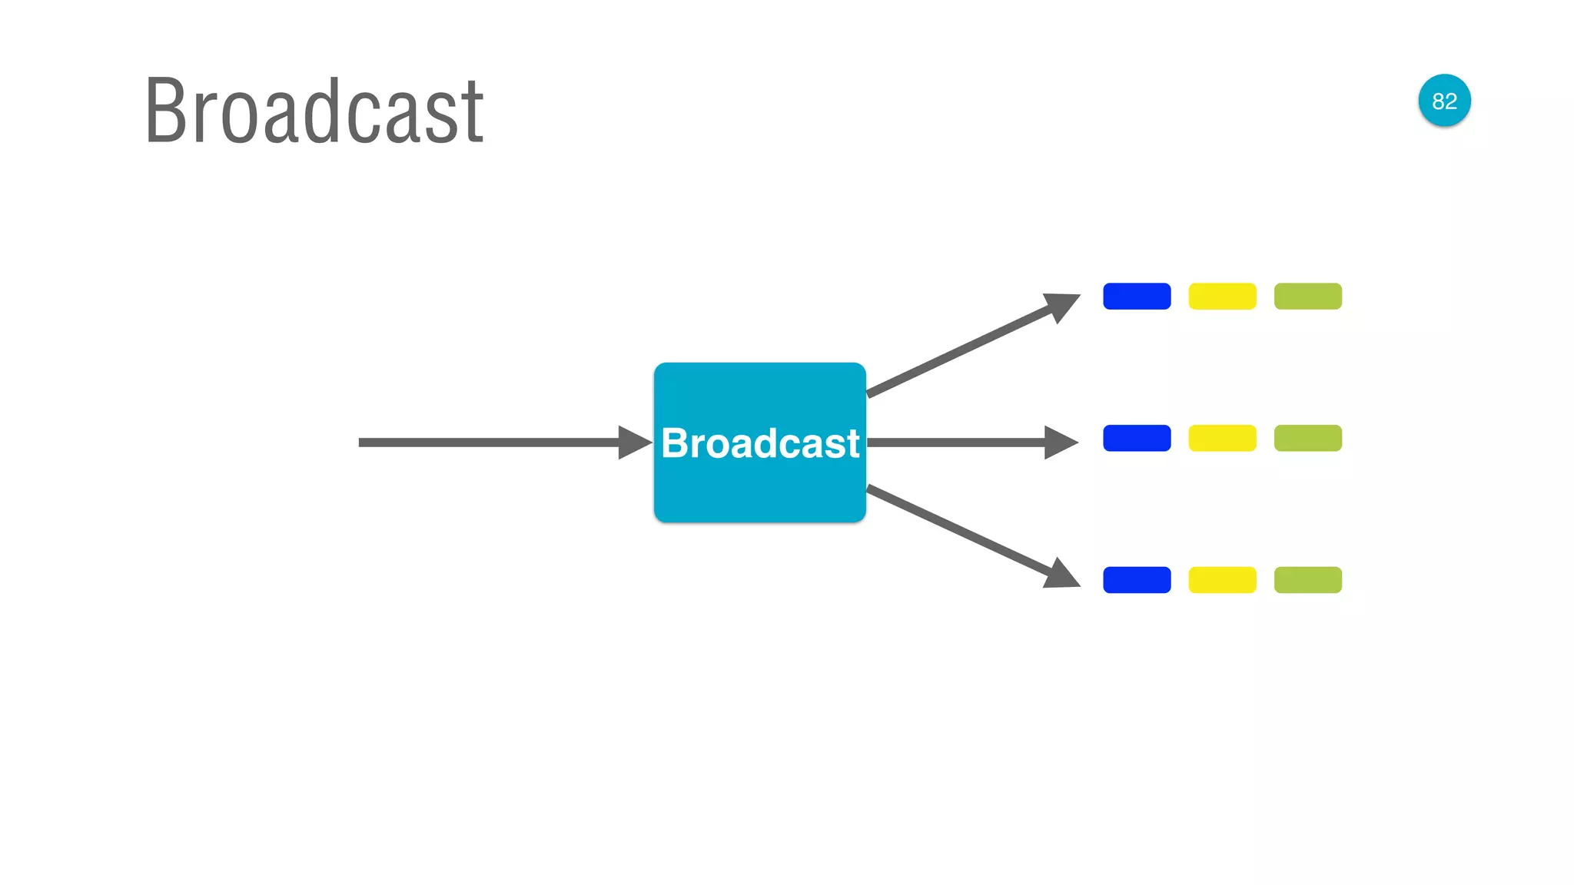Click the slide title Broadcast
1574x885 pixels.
coord(314,111)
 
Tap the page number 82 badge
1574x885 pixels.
coord(1444,101)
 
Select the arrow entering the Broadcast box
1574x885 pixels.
coord(492,442)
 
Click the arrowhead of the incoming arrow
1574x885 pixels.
coord(635,442)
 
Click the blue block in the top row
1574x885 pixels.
coord(1137,297)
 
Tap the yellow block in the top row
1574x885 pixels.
coord(1222,297)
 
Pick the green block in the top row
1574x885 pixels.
coord(1307,297)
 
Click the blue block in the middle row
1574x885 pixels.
coord(1137,438)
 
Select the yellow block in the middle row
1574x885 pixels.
coord(1222,438)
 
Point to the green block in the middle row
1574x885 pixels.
coord(1307,438)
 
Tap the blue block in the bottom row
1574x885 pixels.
coord(1137,580)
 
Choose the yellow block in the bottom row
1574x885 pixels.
coord(1222,580)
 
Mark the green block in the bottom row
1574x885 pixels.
coord(1307,580)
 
